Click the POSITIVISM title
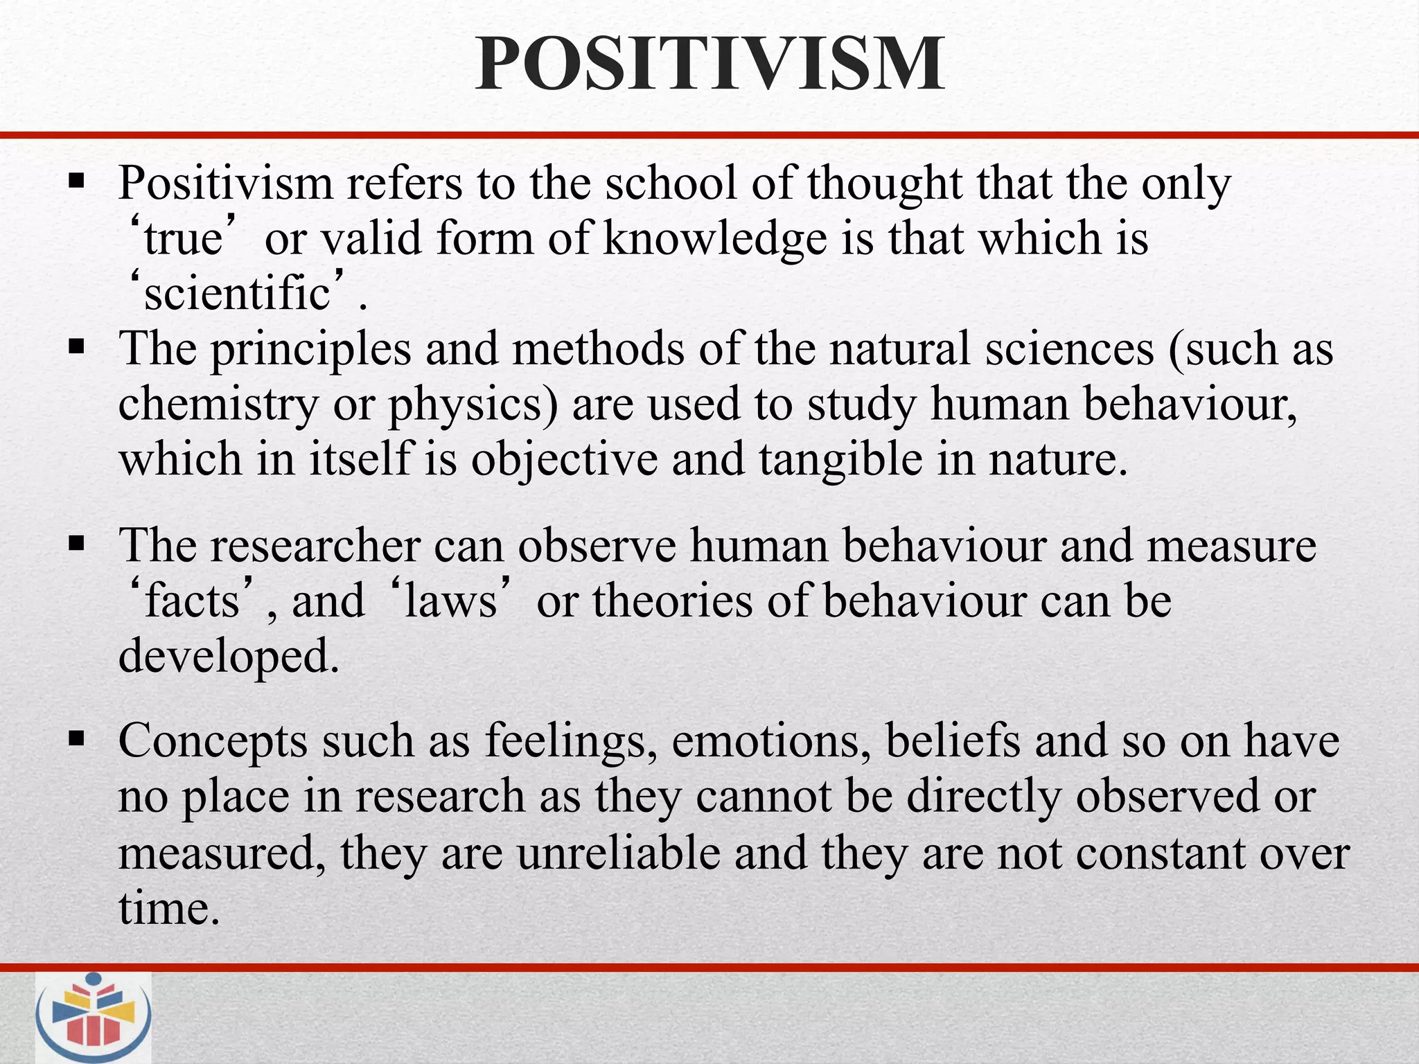click(x=709, y=64)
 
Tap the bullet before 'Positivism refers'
click(x=76, y=184)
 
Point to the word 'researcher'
click(x=316, y=545)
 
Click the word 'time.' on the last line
click(x=169, y=908)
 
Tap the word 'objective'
click(x=564, y=459)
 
